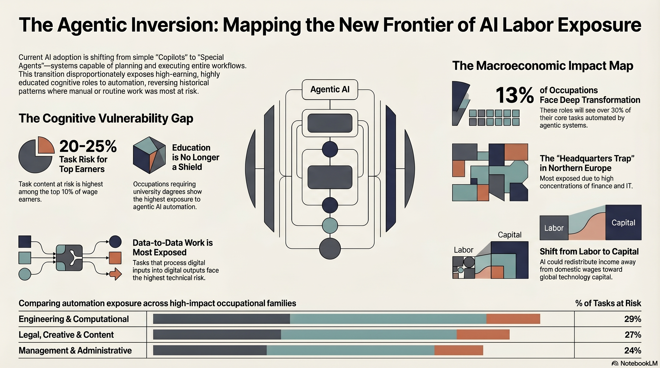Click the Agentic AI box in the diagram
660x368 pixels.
pos(330,90)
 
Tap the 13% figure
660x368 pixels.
pos(514,95)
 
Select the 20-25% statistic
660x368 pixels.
pos(88,146)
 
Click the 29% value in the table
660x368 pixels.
pos(633,319)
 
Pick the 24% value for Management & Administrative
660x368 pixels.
pos(633,350)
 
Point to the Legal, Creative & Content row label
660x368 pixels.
pos(66,335)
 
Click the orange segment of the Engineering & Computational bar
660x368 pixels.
pos(513,319)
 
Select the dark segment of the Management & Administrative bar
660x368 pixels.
pos(210,350)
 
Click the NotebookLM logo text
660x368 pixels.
pos(639,363)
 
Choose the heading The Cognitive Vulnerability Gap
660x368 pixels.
pos(106,118)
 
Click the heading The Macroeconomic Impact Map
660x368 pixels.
pos(543,66)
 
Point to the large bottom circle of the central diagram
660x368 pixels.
pos(330,248)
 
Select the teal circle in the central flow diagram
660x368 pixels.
pos(330,226)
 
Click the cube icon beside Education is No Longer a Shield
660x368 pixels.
pos(149,155)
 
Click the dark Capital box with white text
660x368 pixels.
pos(623,222)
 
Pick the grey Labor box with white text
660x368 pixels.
pos(554,228)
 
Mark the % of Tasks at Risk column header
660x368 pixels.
pos(608,303)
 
